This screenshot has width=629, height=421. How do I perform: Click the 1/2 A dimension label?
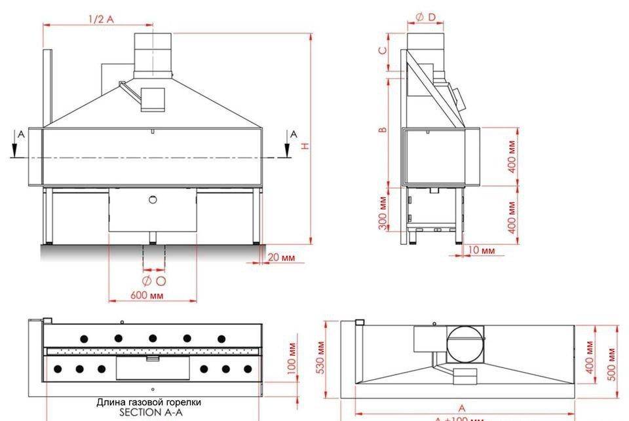pos(101,19)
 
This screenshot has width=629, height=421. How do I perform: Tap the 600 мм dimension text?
pos(147,295)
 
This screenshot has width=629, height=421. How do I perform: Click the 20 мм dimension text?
pos(282,257)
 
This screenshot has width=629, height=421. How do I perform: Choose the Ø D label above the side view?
pos(425,16)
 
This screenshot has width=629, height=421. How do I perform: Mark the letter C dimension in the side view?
pos(383,50)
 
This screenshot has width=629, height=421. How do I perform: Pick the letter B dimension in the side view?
pos(383,129)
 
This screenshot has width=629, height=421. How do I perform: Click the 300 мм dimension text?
pos(383,215)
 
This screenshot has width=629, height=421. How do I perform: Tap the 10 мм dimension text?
pos(482,250)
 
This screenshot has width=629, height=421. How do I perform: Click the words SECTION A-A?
pos(150,412)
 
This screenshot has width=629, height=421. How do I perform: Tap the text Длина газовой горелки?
pos(149,402)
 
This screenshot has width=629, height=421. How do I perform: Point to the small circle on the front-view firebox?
pos(153,200)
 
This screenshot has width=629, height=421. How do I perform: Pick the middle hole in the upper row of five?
pos(153,339)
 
